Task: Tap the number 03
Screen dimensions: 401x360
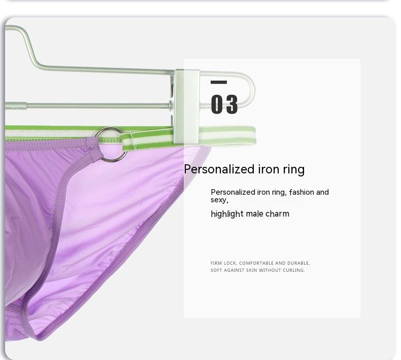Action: pyautogui.click(x=224, y=104)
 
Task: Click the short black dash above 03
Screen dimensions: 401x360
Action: pyautogui.click(x=219, y=82)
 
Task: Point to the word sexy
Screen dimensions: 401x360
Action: pyautogui.click(x=219, y=200)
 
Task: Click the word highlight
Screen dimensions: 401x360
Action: pyautogui.click(x=227, y=213)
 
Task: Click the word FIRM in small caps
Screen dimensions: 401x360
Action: pyautogui.click(x=216, y=263)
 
